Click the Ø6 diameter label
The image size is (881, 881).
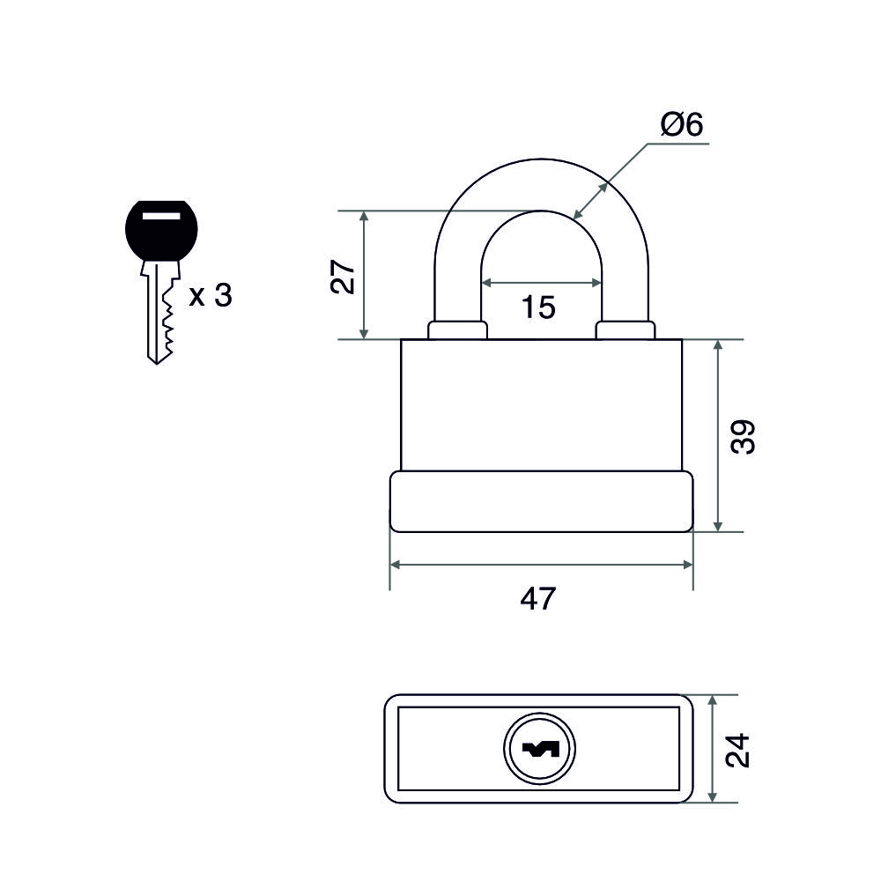[681, 126]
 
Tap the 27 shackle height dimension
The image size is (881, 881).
[346, 276]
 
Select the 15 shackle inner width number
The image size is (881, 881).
[538, 307]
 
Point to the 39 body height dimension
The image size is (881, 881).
[744, 436]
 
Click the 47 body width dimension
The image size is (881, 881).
[538, 598]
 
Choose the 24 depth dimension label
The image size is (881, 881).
[740, 749]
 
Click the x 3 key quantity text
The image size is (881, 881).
[211, 296]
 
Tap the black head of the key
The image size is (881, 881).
[161, 231]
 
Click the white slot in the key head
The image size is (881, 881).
[160, 214]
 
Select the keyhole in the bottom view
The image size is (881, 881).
[539, 750]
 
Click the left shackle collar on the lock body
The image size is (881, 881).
[457, 330]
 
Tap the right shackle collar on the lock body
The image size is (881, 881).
[626, 330]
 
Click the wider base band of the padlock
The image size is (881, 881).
[541, 502]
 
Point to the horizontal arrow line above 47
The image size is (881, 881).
[541, 563]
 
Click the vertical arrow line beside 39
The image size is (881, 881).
[719, 436]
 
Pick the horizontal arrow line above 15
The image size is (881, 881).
[542, 283]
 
